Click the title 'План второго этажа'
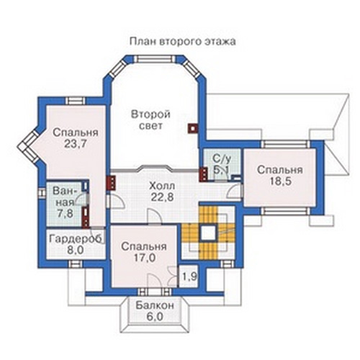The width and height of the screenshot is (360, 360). click(x=183, y=42)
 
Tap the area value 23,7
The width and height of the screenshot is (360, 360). click(x=76, y=144)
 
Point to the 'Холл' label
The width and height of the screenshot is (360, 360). click(x=162, y=186)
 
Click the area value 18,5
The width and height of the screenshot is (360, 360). click(x=280, y=181)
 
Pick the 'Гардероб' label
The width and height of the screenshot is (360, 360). click(x=76, y=239)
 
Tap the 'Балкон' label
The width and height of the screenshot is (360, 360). click(x=155, y=305)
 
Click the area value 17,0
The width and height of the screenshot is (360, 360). click(x=145, y=258)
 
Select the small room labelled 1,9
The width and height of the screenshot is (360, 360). click(x=189, y=276)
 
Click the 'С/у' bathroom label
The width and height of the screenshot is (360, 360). click(x=222, y=158)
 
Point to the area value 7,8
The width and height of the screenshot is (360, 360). click(x=65, y=213)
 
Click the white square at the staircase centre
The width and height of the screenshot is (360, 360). click(x=208, y=233)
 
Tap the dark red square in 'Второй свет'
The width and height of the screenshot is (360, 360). click(x=193, y=128)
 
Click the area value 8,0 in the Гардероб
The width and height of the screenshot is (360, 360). click(x=76, y=251)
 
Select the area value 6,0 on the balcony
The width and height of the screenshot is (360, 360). click(x=155, y=317)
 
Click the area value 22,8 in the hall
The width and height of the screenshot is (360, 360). click(x=162, y=197)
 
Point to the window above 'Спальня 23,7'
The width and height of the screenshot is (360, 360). click(x=76, y=101)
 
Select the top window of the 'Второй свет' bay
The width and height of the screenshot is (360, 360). click(x=155, y=60)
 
